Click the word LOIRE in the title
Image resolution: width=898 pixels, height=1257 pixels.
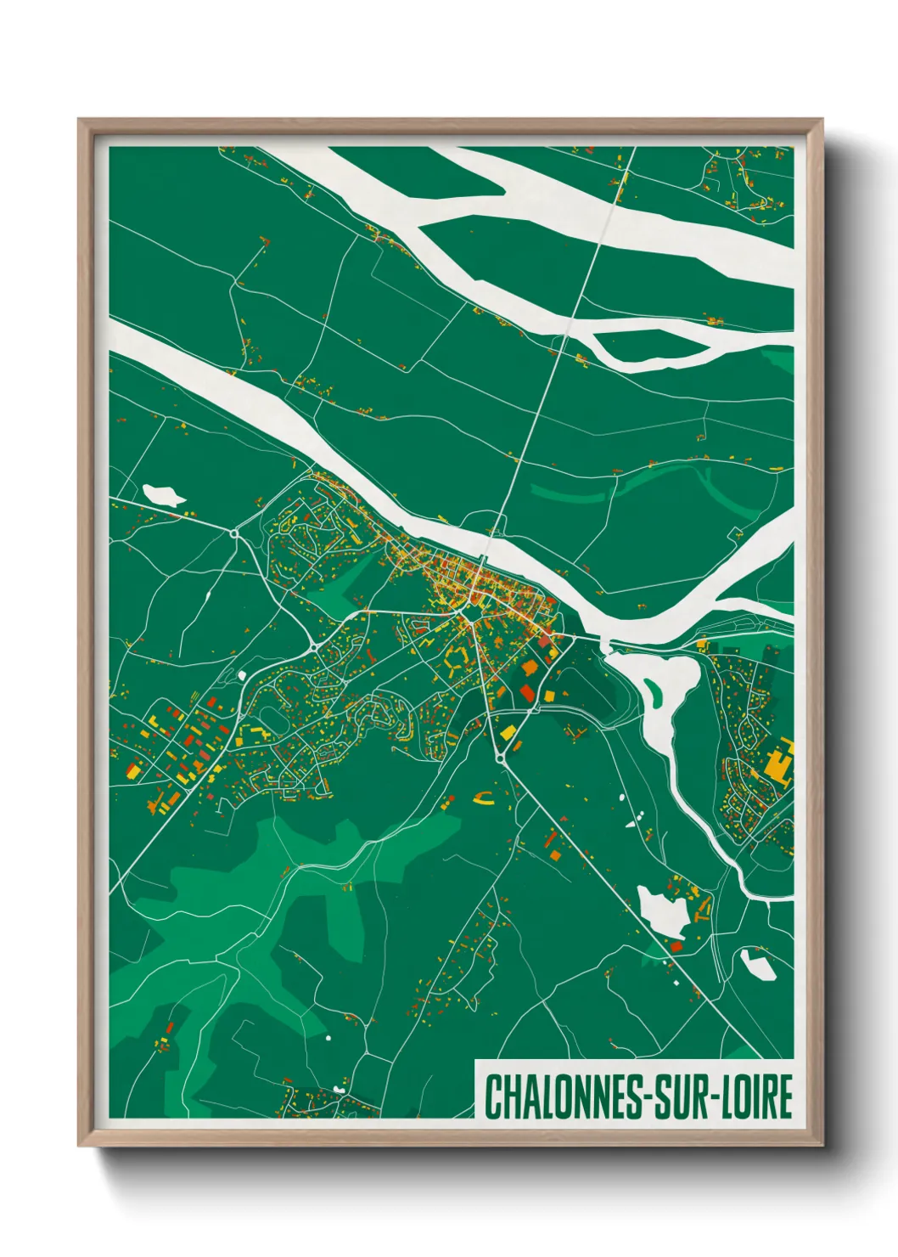(757, 1096)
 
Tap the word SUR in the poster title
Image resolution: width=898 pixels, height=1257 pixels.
(682, 1096)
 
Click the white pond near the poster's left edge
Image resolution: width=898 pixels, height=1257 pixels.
(163, 495)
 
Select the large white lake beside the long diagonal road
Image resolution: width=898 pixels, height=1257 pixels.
(663, 912)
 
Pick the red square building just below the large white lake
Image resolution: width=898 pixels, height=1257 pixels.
(676, 946)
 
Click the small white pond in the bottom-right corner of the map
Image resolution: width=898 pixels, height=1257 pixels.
(757, 965)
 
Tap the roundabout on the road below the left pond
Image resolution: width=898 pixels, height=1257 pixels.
(233, 533)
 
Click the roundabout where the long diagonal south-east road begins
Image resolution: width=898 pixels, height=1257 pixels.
(502, 756)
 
